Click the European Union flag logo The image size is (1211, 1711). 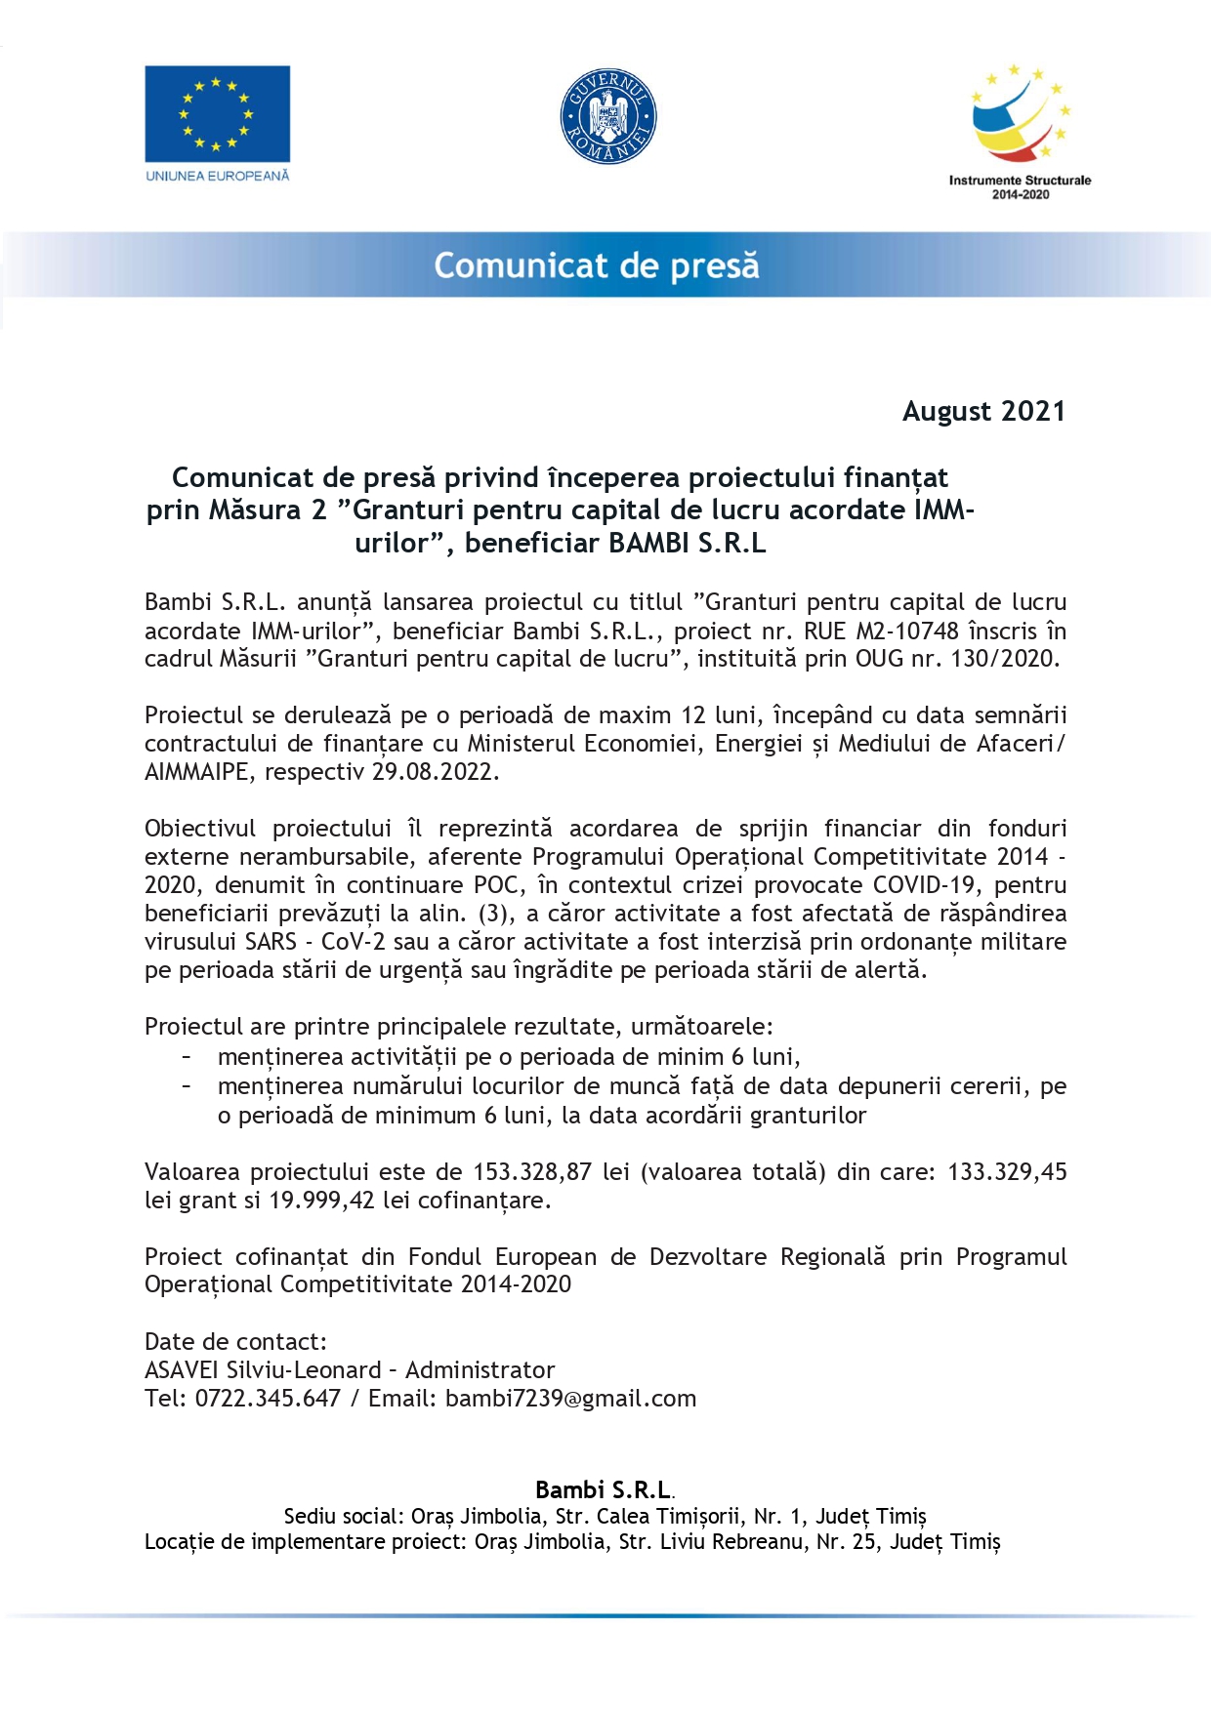click(217, 113)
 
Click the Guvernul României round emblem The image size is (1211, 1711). click(607, 116)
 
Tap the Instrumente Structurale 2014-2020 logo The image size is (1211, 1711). click(1020, 132)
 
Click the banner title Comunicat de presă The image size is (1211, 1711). click(596, 265)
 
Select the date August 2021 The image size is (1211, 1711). click(982, 411)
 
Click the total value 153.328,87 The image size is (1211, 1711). click(532, 1171)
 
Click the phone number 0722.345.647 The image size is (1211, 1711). click(268, 1398)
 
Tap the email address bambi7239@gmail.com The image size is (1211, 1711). click(570, 1398)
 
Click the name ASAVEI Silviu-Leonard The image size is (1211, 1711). click(263, 1369)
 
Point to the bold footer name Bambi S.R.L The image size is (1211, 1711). click(604, 1489)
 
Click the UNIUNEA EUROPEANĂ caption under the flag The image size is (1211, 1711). click(217, 176)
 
